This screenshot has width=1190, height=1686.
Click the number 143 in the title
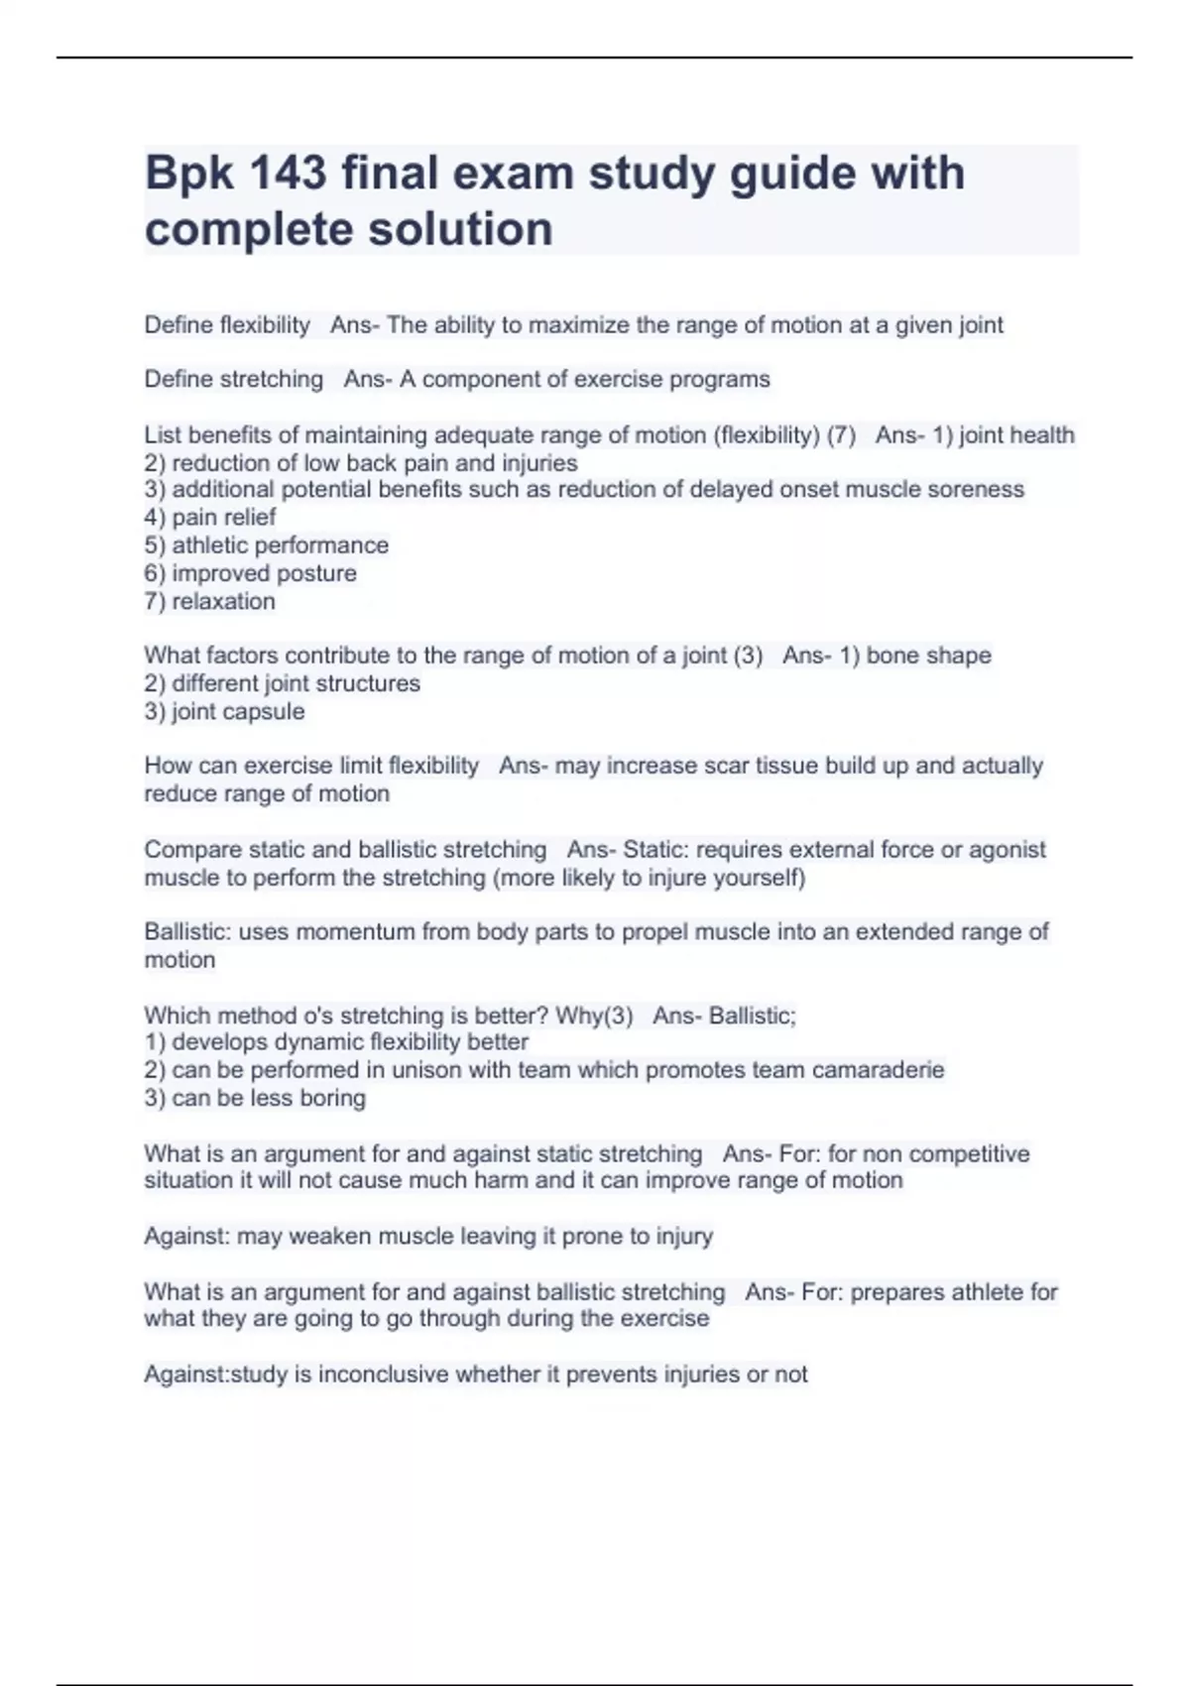pos(288,174)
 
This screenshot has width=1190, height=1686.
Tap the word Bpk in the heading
pos(189,174)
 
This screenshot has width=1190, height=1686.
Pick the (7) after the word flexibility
pos(841,435)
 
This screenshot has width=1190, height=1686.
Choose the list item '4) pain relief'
pos(210,518)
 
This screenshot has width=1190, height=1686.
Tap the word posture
pos(316,573)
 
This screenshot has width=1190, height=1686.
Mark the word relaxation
pos(223,601)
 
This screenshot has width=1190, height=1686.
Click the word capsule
pos(267,712)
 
